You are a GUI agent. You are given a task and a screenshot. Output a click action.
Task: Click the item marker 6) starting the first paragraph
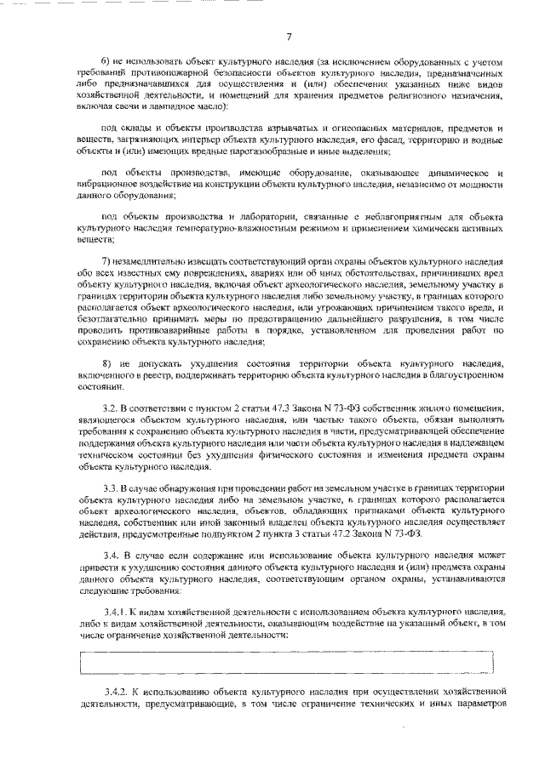[106, 63]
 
